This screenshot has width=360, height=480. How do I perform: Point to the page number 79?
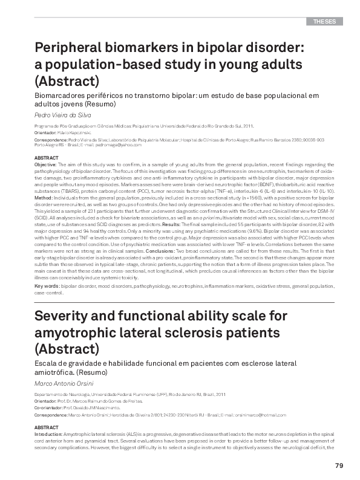click(339, 465)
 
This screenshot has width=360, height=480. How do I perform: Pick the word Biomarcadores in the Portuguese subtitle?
click(64, 96)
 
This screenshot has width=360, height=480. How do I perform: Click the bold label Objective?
click(45, 164)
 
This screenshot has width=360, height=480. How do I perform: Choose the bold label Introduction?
click(49, 434)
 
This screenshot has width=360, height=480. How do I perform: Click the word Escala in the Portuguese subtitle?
click(47, 363)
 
